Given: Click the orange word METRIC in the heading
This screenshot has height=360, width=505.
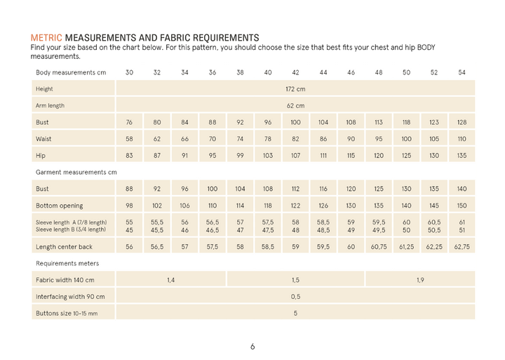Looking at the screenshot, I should (46, 36).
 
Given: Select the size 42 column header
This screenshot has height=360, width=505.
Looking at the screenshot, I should (295, 72).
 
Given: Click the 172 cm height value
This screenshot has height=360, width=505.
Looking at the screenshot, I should (295, 89).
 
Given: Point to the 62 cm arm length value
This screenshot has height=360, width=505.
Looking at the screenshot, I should (295, 105).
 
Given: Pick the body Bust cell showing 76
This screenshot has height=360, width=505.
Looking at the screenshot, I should (130, 122).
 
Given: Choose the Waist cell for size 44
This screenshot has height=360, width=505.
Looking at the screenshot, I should (323, 138).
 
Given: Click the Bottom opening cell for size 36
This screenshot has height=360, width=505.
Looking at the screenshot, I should (213, 205).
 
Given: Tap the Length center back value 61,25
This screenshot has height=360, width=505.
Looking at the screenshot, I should (406, 246).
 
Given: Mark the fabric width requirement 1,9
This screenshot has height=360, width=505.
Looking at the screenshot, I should (420, 280).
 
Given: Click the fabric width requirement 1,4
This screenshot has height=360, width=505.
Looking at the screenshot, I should (171, 280).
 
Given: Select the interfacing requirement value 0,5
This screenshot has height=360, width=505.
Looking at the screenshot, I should (295, 297).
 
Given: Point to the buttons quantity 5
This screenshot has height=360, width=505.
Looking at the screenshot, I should (295, 313).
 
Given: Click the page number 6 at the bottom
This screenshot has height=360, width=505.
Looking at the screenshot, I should (252, 346).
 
